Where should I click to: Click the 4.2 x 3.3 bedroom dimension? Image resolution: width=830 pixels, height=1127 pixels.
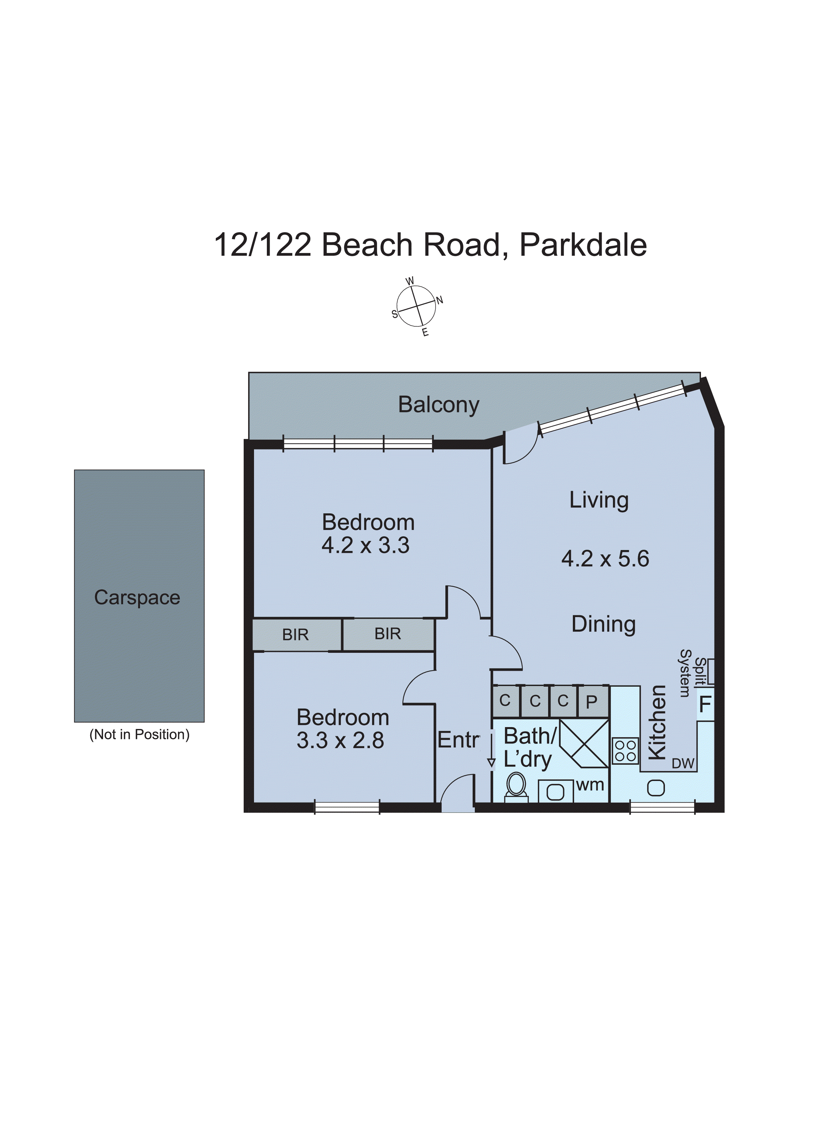[365, 545]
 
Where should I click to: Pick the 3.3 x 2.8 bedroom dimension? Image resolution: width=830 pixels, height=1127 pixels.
[340, 741]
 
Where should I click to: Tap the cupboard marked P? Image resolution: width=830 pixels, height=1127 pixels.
[592, 701]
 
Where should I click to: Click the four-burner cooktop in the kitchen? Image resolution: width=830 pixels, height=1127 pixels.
[625, 751]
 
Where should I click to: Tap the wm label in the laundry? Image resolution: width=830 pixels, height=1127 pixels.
[590, 785]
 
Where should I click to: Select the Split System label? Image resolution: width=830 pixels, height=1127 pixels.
[692, 673]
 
